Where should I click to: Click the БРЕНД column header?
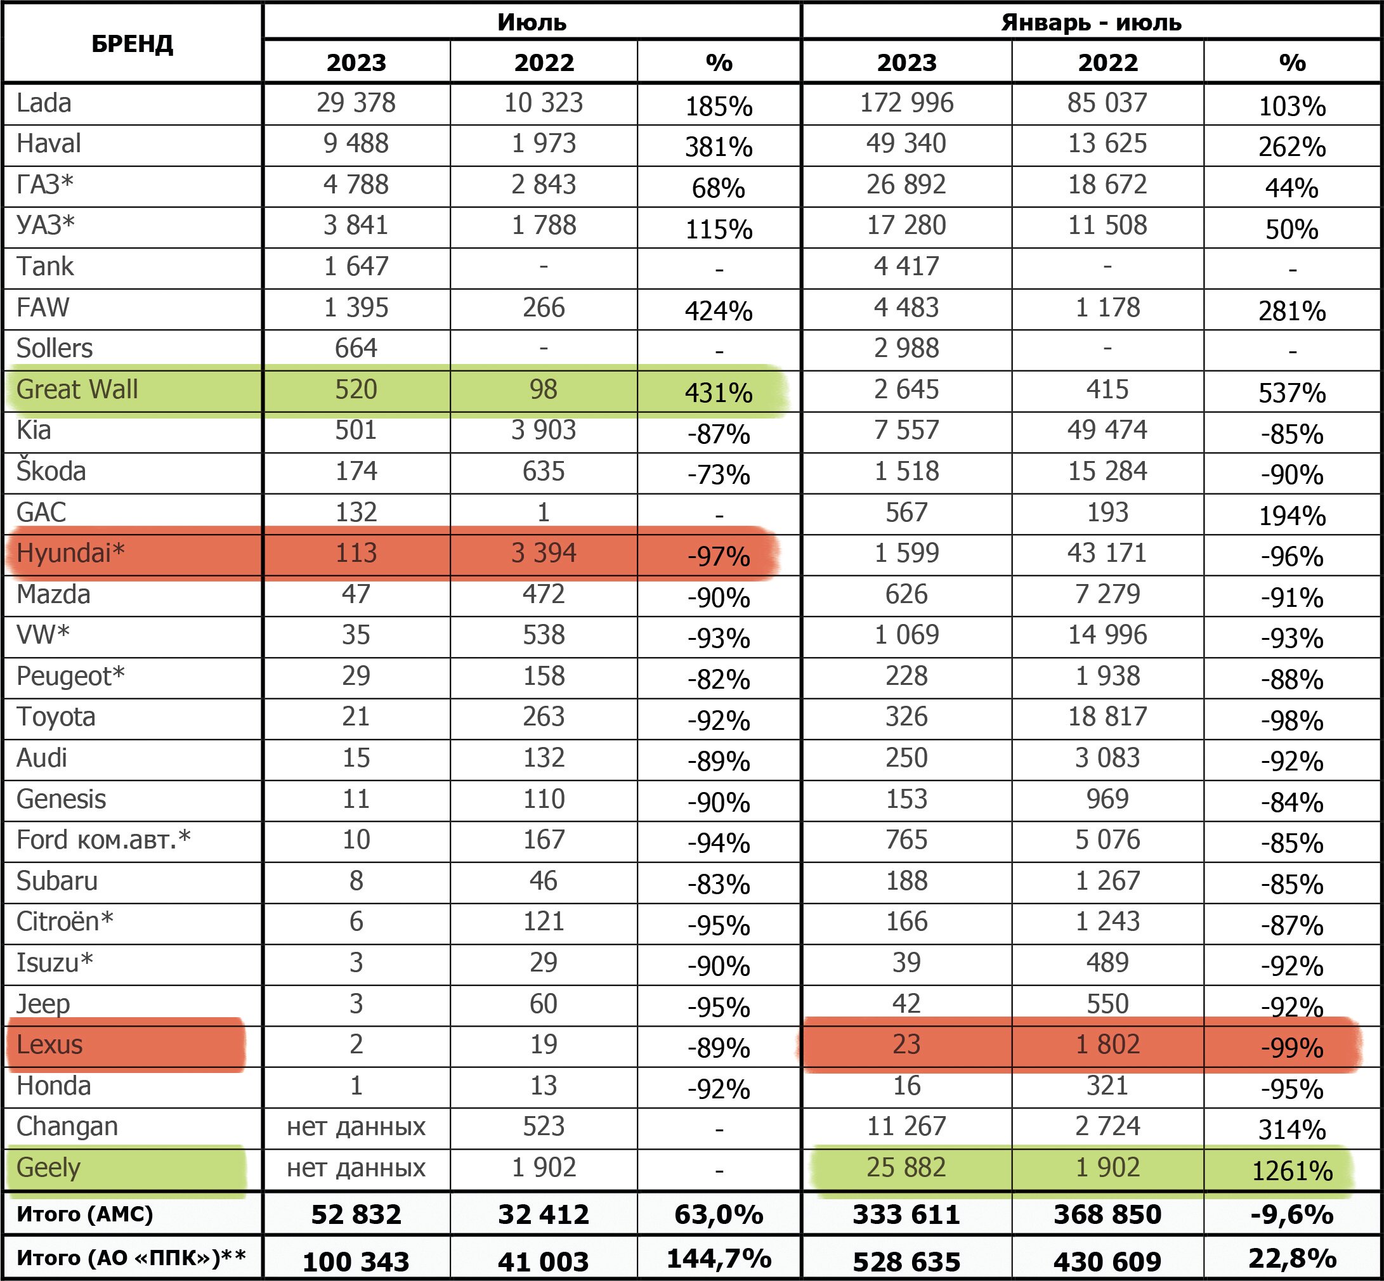132,44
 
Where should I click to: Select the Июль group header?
532,22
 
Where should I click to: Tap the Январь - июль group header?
1091,22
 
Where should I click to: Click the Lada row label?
44,103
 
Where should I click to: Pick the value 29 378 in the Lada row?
356,103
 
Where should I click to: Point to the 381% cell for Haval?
719,147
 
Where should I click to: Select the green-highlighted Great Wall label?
77,389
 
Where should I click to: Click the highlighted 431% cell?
719,393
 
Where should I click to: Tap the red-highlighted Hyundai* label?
70,553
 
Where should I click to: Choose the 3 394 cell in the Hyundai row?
544,552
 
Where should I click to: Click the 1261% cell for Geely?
1292,1171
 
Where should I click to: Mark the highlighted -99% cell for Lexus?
1292,1048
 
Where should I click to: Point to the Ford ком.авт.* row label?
103,840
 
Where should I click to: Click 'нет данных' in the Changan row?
356,1126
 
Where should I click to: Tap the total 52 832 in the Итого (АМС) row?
356,1214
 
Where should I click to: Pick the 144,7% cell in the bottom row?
719,1258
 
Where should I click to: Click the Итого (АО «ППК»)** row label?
131,1257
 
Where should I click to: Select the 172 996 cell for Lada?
906,103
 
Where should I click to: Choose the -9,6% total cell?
1292,1214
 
